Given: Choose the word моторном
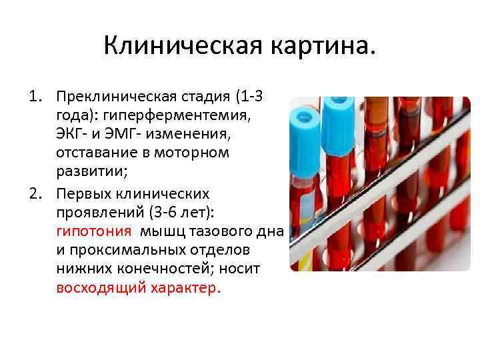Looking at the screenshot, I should [x=193, y=153].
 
